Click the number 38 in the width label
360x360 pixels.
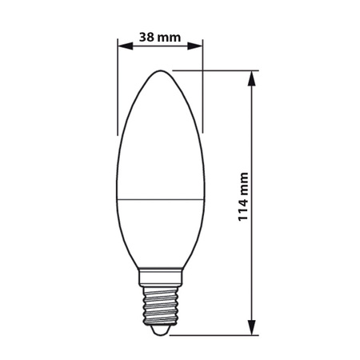146,36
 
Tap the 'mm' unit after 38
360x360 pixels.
169,36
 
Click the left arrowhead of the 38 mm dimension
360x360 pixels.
122,46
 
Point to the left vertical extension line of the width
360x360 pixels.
118,88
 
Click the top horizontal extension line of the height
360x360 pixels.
216,70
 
